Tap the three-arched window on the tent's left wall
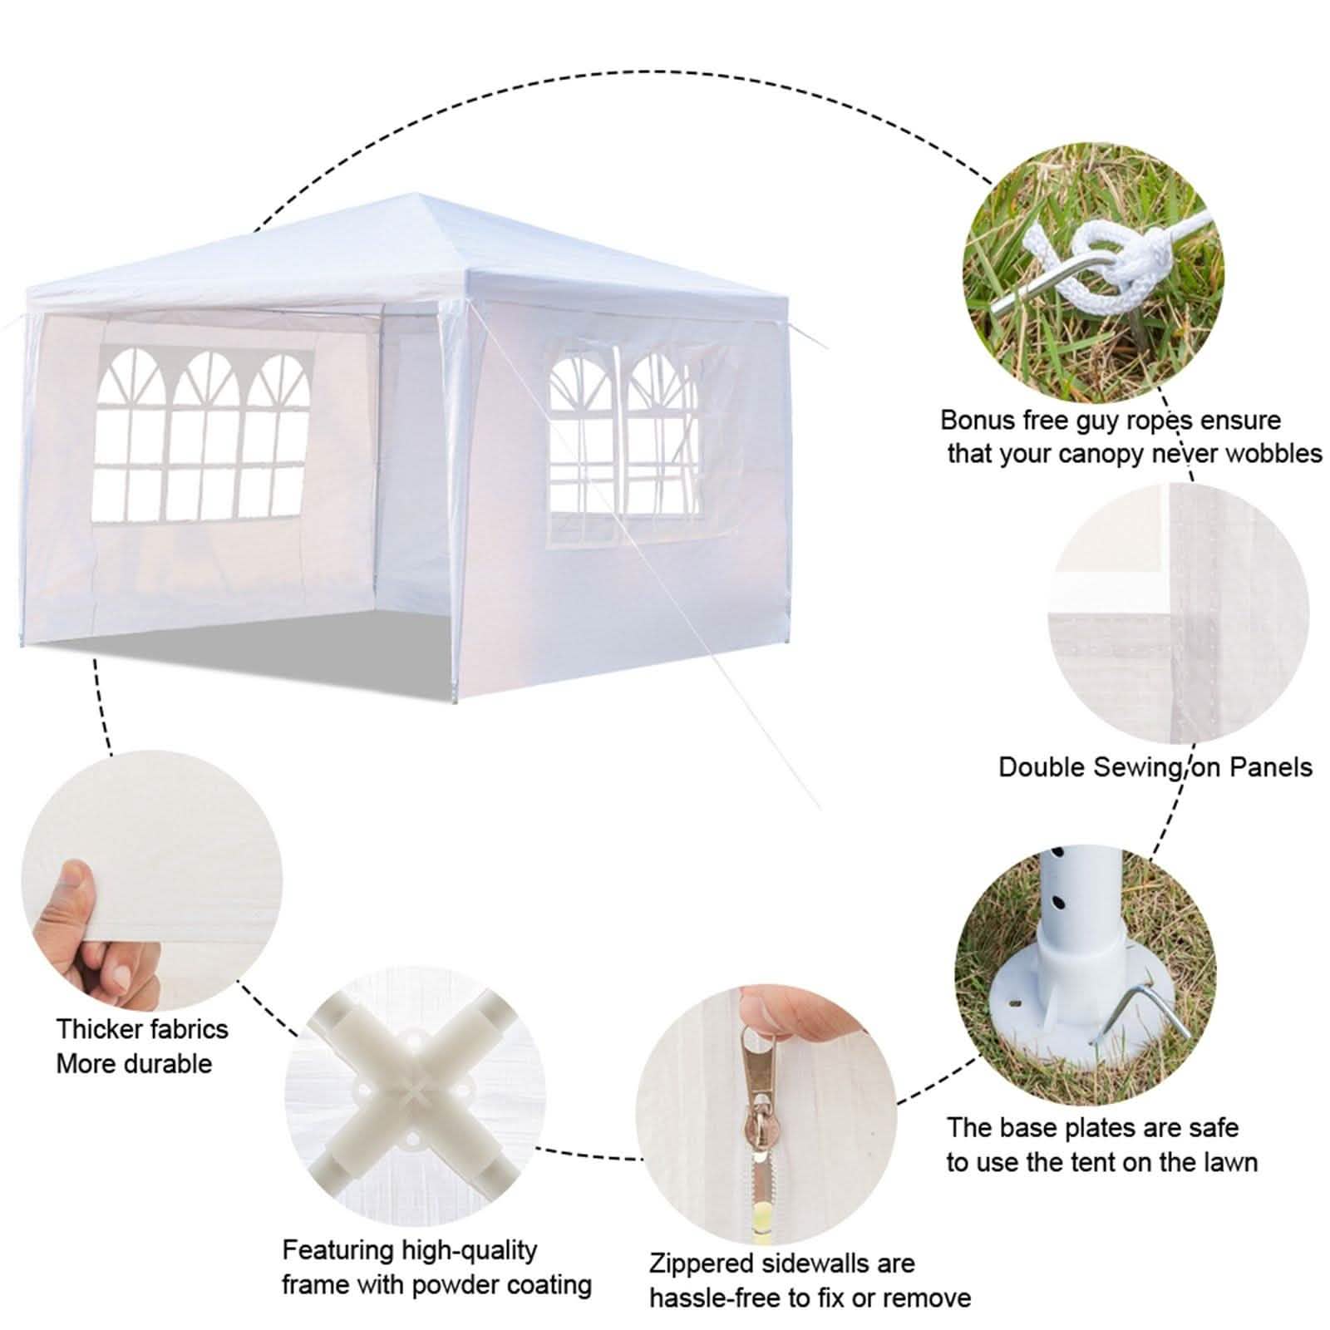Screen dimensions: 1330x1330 point(204,436)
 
